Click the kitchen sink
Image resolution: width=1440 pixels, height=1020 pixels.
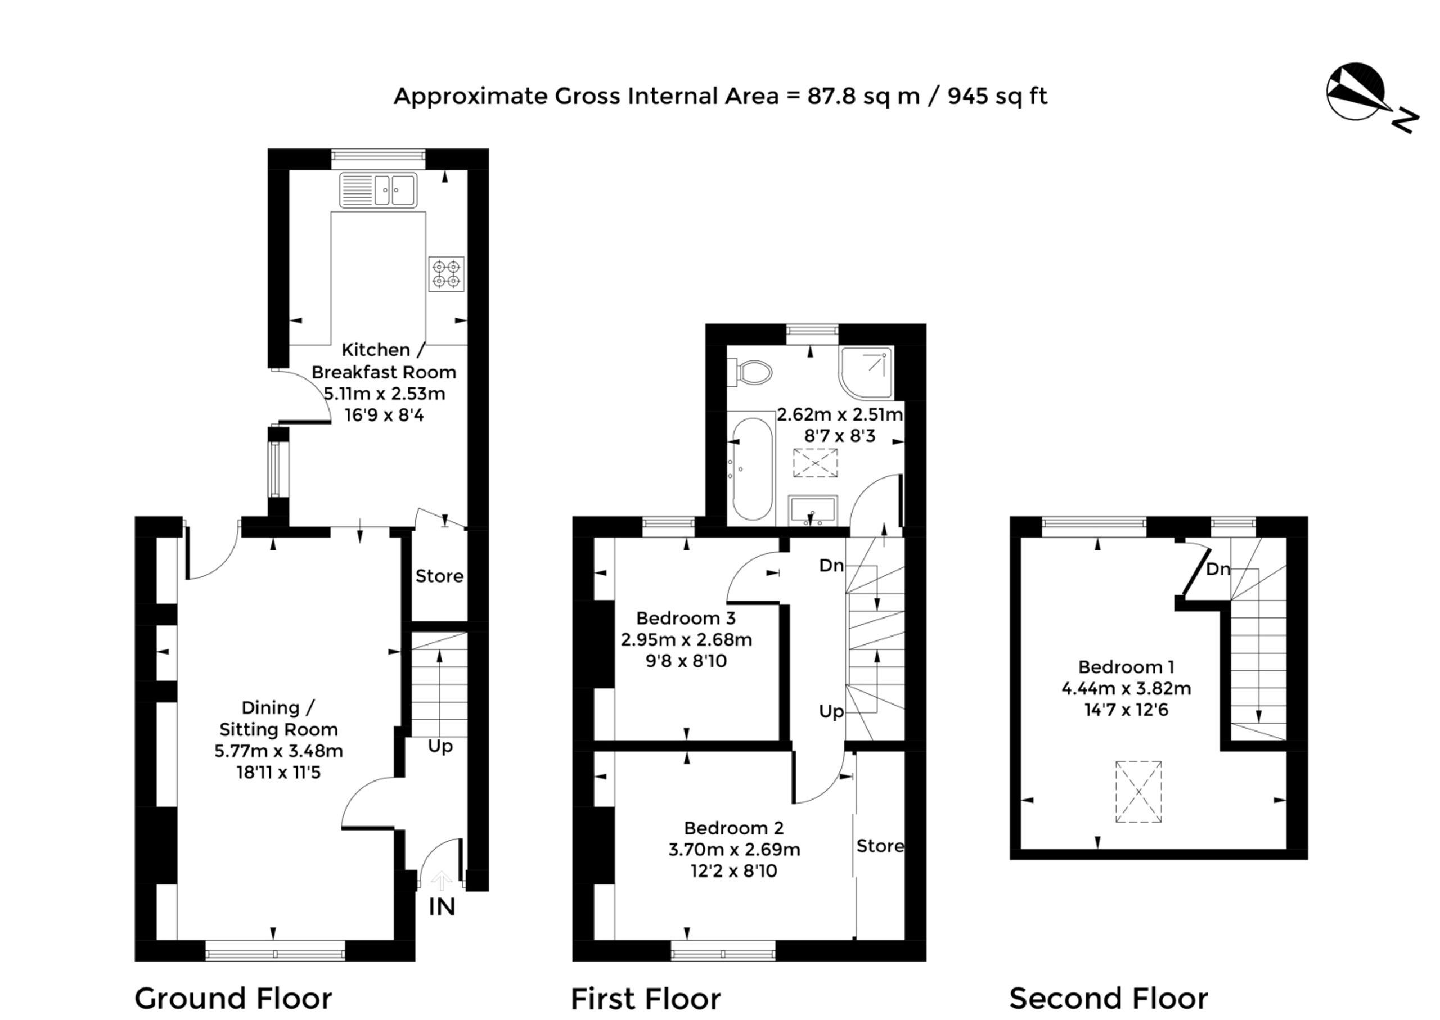[x=378, y=189]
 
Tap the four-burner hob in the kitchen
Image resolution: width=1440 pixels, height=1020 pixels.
[x=446, y=274]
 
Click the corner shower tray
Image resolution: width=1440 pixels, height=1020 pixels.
[x=866, y=372]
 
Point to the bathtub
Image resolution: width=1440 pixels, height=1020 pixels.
[x=751, y=468]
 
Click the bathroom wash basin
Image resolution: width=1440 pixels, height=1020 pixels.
[x=812, y=510]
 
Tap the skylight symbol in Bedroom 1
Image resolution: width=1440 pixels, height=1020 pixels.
[x=1138, y=791]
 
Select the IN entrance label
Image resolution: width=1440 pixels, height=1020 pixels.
[x=442, y=907]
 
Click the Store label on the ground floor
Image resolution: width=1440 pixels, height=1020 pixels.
[x=439, y=576]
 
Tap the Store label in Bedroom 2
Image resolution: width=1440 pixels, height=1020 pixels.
[x=880, y=846]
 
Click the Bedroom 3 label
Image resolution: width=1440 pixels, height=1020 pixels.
[x=686, y=618]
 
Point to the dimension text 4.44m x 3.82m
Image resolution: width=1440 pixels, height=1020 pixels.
[x=1126, y=688]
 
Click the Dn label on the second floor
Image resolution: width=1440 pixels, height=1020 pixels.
[x=1218, y=569]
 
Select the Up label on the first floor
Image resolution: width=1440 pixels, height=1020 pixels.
[x=831, y=712]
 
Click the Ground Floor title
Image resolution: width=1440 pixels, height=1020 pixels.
[x=233, y=998]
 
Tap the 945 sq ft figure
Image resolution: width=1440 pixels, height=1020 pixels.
[x=997, y=96]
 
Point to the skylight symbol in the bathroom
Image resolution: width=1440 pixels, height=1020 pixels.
[x=815, y=463]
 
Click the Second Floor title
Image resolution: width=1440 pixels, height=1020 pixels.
[x=1108, y=998]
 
